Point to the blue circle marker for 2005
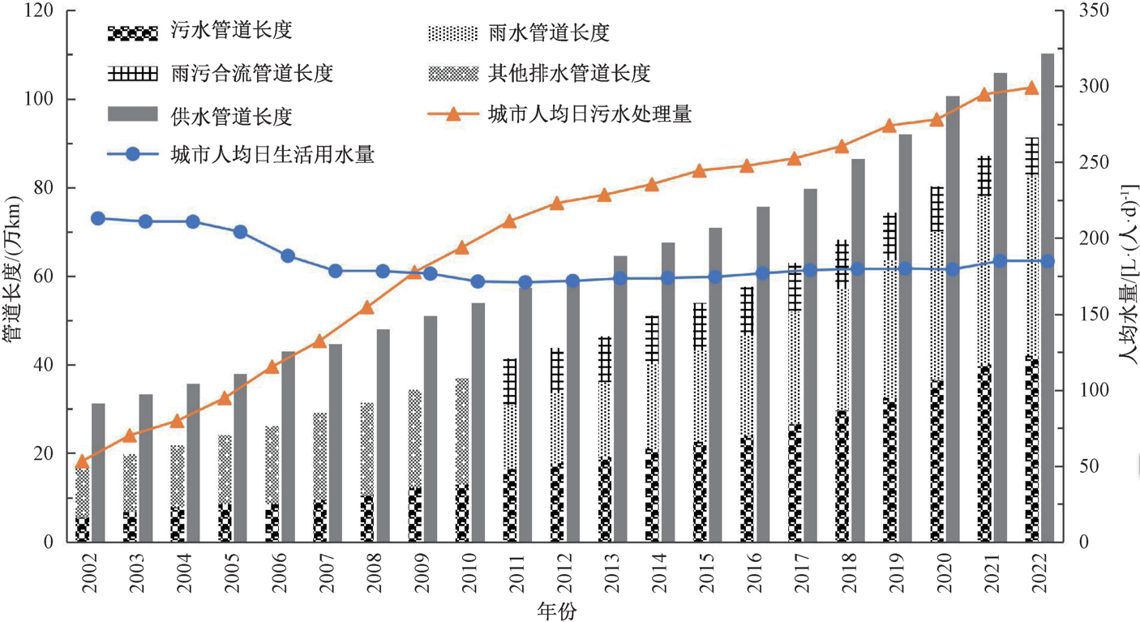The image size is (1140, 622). [x=240, y=232]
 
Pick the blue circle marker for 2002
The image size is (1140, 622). [x=98, y=218]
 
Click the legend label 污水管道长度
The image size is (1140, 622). [x=231, y=32]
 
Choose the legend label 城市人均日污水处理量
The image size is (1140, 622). [x=589, y=114]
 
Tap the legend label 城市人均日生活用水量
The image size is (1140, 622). [x=272, y=155]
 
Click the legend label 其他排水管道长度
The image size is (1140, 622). [x=569, y=73]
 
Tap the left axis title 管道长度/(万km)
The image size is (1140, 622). [x=14, y=276]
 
